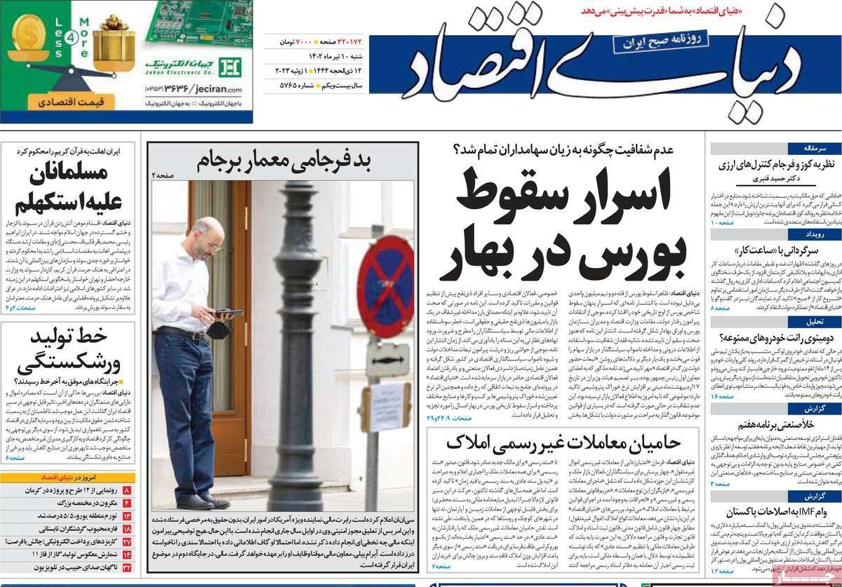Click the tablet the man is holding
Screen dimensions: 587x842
(228, 313)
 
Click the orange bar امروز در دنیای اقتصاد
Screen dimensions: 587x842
(69, 477)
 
